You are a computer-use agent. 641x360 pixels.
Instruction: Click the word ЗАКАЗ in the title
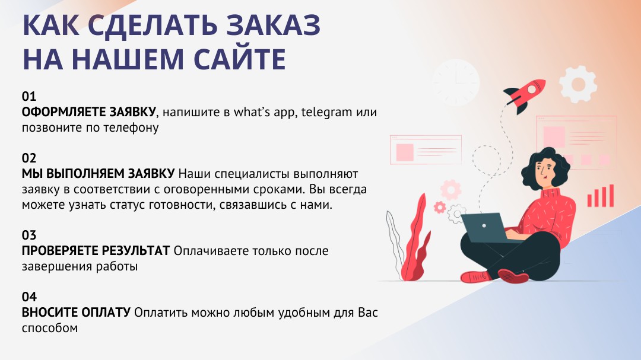pos(273,25)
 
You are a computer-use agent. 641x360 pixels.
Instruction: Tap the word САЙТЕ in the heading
pos(240,59)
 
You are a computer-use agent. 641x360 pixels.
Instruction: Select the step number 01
pos(29,97)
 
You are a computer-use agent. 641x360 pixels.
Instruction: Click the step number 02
pos(29,158)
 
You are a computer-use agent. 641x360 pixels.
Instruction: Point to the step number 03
pos(29,235)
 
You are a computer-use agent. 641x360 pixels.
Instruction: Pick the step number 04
pos(29,297)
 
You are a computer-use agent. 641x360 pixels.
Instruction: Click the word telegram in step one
pos(326,113)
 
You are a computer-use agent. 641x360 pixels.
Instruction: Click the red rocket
pos(525,95)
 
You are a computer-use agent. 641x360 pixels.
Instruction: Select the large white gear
pos(578,84)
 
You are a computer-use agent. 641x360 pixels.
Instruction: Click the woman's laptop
pos(487,228)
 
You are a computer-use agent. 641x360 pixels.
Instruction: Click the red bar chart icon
pos(601,196)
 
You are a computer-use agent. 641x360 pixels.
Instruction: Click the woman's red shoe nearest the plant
pos(476,276)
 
